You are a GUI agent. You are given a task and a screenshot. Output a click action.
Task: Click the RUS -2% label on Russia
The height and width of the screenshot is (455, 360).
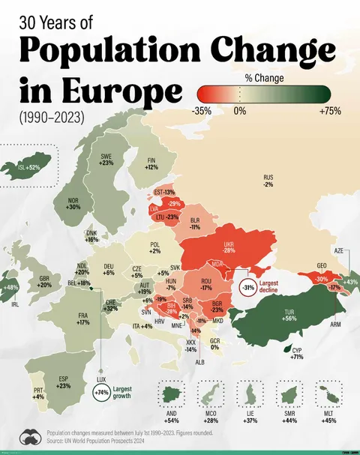tap(268, 181)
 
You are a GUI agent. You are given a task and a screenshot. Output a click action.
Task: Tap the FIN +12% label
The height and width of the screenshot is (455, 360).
tap(152, 163)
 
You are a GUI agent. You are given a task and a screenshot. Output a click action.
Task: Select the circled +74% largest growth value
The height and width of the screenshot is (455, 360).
tap(100, 392)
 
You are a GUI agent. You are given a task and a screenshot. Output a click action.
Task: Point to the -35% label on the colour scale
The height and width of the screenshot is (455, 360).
tap(201, 111)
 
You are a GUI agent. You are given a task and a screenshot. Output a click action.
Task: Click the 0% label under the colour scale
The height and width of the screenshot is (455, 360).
tap(240, 111)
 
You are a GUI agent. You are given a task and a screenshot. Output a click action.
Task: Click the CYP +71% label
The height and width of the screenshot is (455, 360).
tap(298, 354)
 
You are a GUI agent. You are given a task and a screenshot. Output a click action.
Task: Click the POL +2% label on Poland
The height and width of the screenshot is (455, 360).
tap(155, 247)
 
